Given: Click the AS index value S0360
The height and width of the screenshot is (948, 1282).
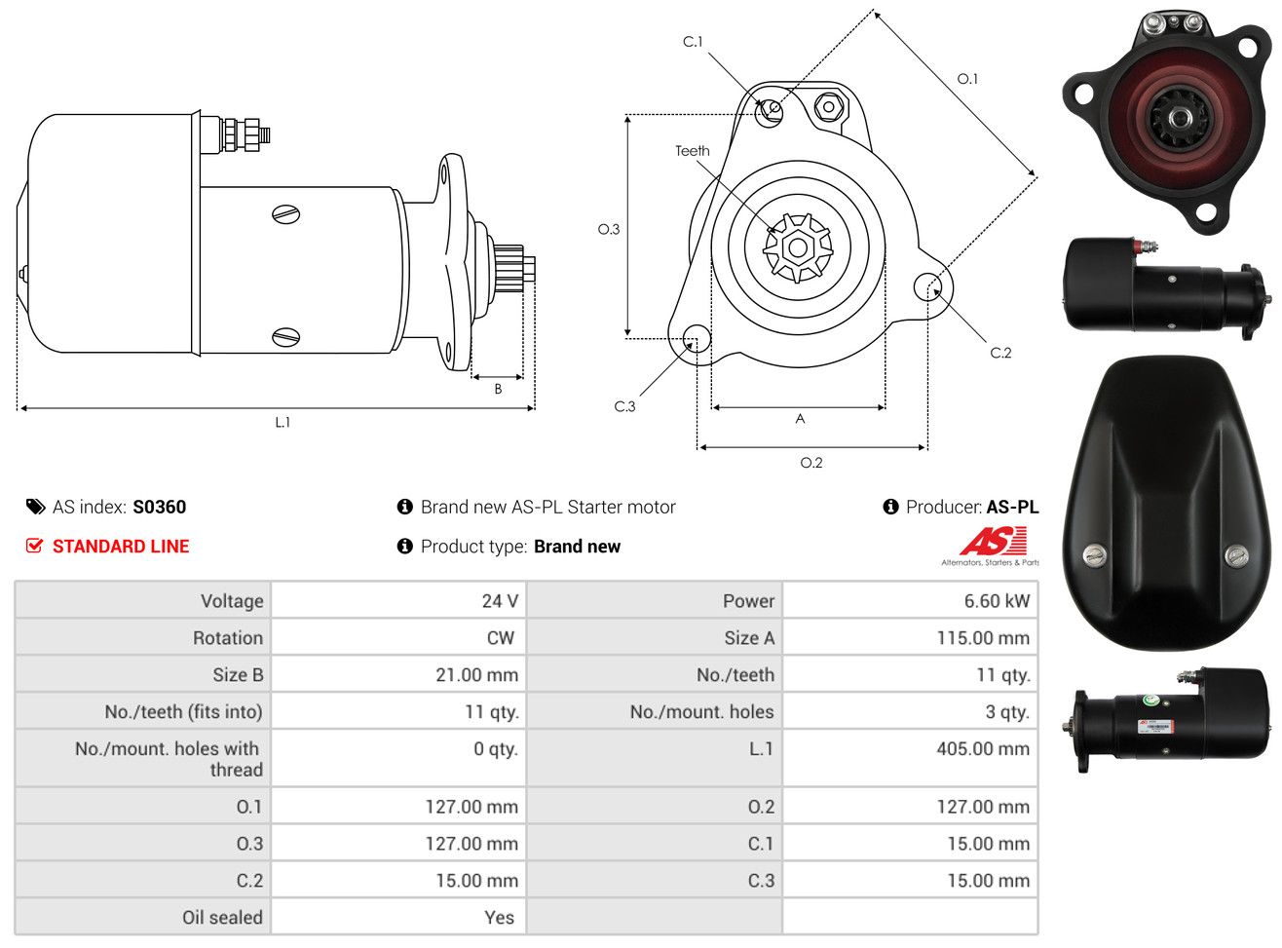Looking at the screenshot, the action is click(159, 507).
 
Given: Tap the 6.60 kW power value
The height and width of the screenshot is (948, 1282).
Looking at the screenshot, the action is click(997, 601).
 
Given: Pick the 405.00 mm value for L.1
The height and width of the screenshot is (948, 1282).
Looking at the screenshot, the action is click(983, 748).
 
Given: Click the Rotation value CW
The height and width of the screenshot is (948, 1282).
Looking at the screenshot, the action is click(500, 637).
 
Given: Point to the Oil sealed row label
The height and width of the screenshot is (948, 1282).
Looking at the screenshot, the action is click(222, 918).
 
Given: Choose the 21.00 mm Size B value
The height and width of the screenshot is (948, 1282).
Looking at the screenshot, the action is click(476, 674).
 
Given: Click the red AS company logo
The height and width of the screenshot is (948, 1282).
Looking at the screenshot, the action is click(993, 541).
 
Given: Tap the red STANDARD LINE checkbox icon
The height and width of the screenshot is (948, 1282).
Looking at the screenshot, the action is click(34, 546).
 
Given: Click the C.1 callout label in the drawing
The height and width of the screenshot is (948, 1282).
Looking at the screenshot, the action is click(693, 42).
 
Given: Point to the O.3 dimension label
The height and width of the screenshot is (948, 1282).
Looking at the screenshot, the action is click(609, 230).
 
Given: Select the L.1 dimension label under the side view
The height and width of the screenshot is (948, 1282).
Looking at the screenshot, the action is click(283, 423).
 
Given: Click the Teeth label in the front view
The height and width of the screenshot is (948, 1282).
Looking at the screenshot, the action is click(693, 151).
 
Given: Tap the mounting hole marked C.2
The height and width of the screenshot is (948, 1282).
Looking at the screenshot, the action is click(927, 286).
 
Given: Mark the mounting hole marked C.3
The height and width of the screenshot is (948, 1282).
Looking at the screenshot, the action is click(697, 338).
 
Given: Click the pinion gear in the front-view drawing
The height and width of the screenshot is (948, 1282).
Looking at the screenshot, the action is click(798, 247).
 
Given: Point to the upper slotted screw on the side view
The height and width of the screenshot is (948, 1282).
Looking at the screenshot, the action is click(285, 214).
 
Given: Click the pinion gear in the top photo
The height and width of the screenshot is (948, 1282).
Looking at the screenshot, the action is click(1178, 119).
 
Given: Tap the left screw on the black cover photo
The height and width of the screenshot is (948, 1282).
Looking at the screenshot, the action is click(1094, 555).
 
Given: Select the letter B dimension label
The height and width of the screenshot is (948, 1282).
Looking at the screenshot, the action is click(498, 389).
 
